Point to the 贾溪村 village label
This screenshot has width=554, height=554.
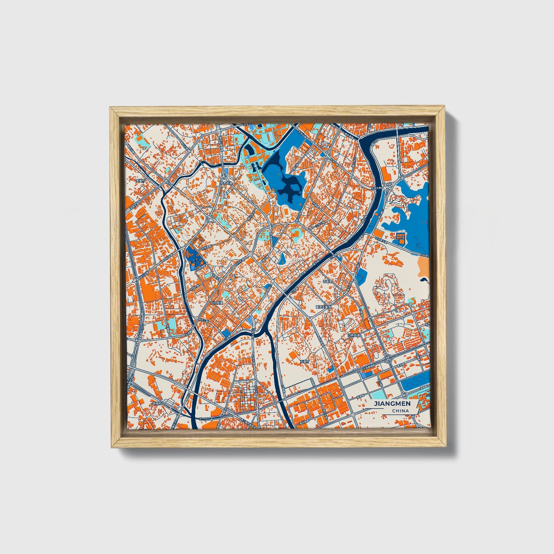click(x=141, y=181)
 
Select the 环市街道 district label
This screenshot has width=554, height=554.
click(x=226, y=183)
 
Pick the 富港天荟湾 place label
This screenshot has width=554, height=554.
click(x=323, y=307)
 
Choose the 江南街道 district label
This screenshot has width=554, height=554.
click(x=353, y=335)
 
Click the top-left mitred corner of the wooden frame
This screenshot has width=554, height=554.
click(x=112, y=109)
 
